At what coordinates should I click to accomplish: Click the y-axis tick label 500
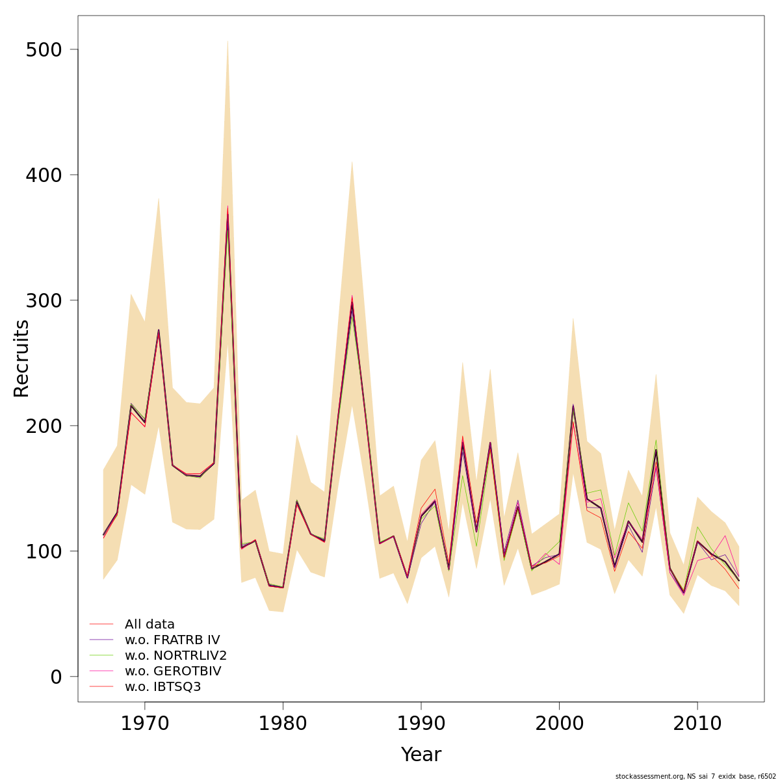(x=44, y=50)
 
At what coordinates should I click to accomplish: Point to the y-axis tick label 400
(x=44, y=175)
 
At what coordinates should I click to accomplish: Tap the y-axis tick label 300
(x=44, y=301)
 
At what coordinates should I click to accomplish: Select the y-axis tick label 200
(x=44, y=426)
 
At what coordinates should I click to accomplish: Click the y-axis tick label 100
(x=44, y=552)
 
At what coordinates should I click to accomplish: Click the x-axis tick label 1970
(x=144, y=724)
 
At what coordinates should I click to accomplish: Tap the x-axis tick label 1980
(x=283, y=724)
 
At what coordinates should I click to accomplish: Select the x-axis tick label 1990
(x=421, y=724)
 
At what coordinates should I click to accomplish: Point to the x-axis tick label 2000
(x=559, y=724)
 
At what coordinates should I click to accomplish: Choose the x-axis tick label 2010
(x=697, y=724)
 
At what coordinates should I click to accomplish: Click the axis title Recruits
(x=21, y=358)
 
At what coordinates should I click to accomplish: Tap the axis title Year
(x=421, y=755)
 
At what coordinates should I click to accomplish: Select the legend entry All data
(x=149, y=625)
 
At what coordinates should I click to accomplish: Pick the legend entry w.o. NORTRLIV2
(x=175, y=655)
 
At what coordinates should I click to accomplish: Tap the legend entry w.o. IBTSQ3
(x=162, y=686)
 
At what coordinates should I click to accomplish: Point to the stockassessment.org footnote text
(x=695, y=776)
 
